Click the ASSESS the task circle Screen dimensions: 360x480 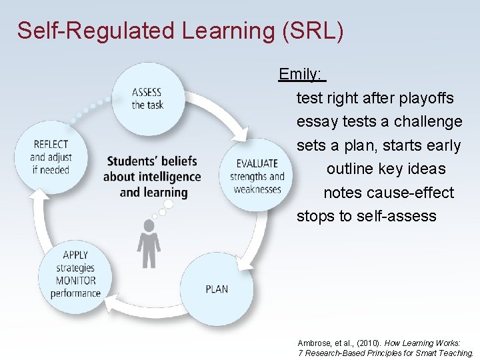[147, 99]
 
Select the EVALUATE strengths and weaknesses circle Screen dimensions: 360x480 [257, 175]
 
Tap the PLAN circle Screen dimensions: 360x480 [217, 289]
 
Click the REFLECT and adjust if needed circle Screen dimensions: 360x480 [51, 157]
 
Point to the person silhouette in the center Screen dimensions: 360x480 [148, 244]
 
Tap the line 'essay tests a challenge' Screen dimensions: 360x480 [379, 121]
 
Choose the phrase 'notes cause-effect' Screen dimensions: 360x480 [389, 193]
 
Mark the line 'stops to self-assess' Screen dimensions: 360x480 [366, 216]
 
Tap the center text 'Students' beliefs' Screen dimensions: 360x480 [152, 161]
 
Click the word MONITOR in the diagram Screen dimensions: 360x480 [75, 281]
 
